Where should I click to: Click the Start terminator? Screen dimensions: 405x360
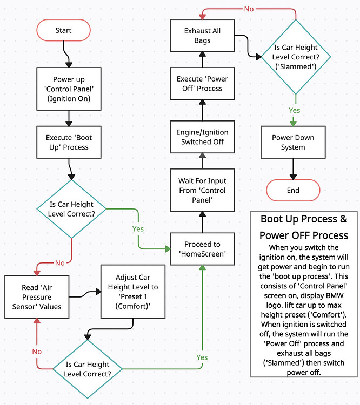pos(63,30)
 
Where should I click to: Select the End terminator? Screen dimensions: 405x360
pos(293,190)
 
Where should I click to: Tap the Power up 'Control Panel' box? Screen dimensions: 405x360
pos(68,89)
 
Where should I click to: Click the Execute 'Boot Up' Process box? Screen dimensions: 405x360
pos(68,142)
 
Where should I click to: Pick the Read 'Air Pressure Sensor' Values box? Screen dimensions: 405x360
pos(36,298)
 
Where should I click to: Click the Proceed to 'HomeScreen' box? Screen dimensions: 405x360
pos(202,249)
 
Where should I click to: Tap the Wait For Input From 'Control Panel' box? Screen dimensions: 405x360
pos(202,191)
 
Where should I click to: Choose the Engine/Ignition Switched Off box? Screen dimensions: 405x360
pos(202,137)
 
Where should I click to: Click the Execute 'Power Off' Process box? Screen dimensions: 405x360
pos(202,84)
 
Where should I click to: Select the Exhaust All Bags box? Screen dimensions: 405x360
pos(202,36)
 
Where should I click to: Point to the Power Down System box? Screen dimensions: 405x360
pos(293,142)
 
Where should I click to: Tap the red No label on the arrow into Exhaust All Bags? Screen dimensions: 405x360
pos(249,9)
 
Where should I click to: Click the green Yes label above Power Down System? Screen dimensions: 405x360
pos(295,110)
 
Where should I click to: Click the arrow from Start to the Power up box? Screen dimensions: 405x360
pos(65,54)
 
